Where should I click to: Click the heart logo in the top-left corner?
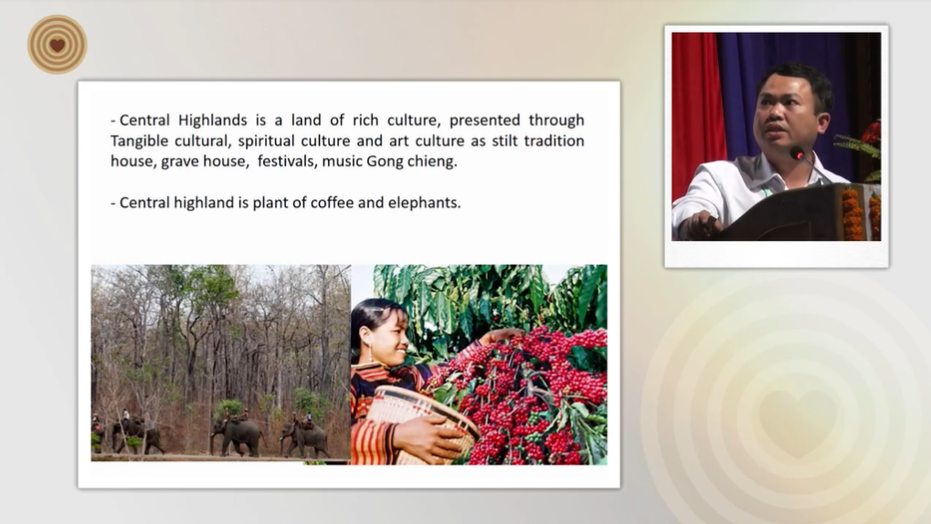57,45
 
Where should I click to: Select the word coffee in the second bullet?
332,203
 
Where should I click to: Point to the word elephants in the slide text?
424,203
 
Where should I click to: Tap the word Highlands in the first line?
213,121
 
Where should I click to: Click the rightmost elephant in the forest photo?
304,438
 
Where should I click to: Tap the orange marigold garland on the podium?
852,215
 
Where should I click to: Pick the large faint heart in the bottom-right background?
796,422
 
